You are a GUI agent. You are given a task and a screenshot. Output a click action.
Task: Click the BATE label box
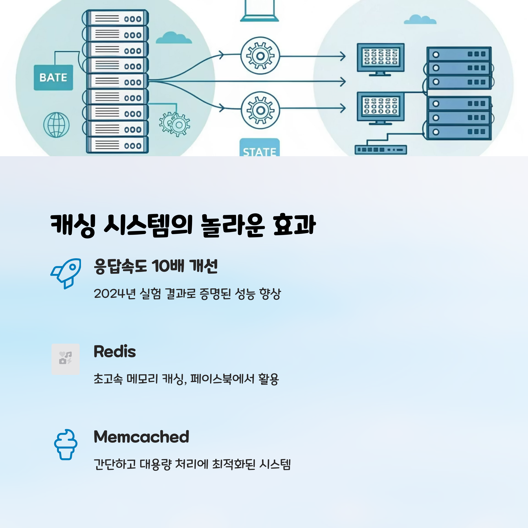[53, 77]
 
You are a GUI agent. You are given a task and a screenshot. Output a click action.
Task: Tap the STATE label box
[259, 148]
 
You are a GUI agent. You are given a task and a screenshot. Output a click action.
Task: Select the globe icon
[56, 125]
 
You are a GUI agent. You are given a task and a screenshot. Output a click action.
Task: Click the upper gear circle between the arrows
[260, 56]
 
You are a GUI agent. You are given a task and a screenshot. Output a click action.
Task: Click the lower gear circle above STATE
[260, 110]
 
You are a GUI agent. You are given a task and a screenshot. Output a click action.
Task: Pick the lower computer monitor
[380, 106]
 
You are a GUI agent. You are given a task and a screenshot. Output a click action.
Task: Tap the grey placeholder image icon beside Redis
[66, 359]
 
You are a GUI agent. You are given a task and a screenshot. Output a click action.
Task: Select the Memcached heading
[141, 437]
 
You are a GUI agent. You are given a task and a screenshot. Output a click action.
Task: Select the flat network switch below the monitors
[380, 150]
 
